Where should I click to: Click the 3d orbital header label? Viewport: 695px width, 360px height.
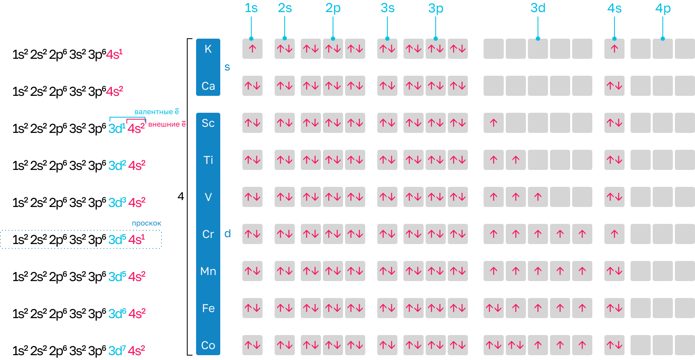click(538, 8)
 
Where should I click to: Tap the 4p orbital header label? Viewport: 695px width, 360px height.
click(663, 8)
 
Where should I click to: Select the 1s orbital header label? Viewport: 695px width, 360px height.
click(251, 8)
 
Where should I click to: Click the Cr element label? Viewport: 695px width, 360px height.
click(208, 234)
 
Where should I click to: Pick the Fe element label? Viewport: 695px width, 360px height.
click(208, 308)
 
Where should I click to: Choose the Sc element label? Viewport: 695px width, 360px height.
click(208, 123)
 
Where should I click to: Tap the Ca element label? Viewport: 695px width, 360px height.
click(208, 86)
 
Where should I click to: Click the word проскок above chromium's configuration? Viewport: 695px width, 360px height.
click(147, 223)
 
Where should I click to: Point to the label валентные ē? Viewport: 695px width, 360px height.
click(157, 112)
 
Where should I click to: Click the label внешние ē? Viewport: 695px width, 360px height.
click(167, 124)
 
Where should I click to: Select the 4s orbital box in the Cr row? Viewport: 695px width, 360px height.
click(614, 234)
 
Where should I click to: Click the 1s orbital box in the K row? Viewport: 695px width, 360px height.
click(252, 49)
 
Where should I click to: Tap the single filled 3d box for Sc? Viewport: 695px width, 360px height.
click(494, 123)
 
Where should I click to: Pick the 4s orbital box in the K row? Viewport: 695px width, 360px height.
click(614, 49)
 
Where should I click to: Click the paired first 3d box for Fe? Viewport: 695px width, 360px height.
click(494, 308)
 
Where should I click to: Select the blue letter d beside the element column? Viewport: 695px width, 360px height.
click(228, 234)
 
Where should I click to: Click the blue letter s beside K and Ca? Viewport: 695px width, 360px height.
click(227, 67)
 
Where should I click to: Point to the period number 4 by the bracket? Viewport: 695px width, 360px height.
click(181, 196)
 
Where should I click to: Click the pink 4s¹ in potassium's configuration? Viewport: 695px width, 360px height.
click(114, 54)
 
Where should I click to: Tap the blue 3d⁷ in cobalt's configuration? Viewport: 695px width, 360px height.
click(117, 350)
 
